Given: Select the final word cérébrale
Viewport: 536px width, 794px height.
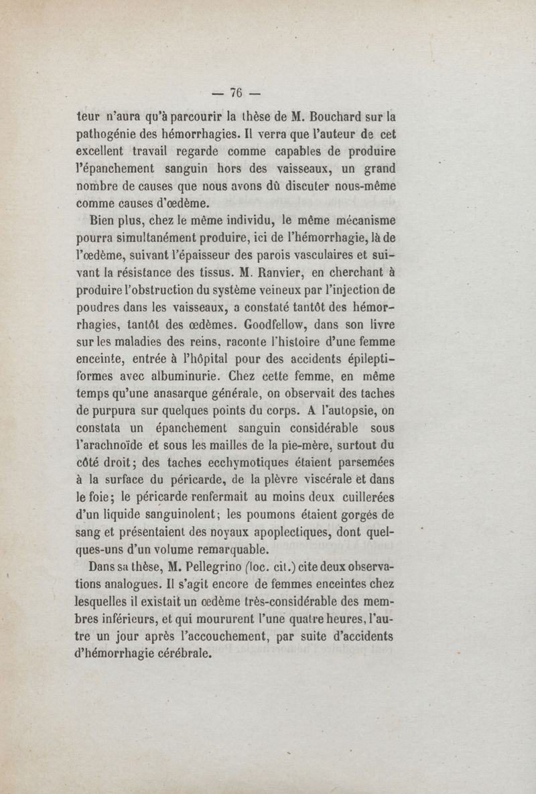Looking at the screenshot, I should click(177, 655).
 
